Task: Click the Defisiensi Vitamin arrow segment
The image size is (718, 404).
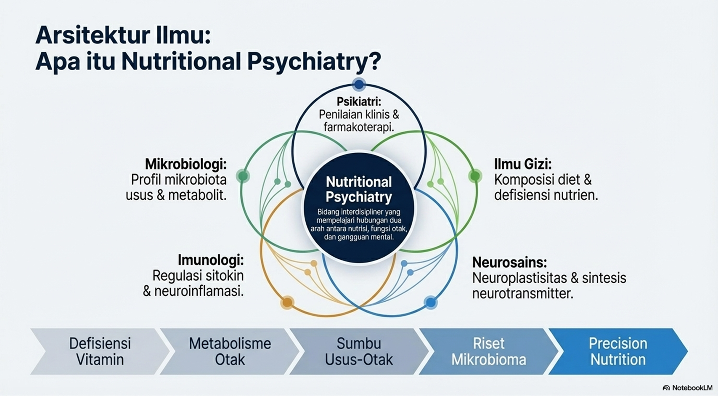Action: point(100,351)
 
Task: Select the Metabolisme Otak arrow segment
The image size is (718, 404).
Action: point(230,351)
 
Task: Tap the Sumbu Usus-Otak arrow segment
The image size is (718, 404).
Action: point(359,351)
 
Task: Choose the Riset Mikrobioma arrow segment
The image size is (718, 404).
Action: point(488,351)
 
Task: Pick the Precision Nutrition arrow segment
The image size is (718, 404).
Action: point(617,351)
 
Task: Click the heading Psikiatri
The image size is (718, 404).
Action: point(359,102)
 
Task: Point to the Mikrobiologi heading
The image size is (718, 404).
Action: point(185,164)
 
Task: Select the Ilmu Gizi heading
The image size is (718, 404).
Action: point(522,164)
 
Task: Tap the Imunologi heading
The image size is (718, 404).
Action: point(210,260)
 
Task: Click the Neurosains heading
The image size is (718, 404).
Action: point(509,262)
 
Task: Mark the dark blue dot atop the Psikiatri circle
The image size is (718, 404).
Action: point(359,85)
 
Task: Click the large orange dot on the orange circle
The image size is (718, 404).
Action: point(287,302)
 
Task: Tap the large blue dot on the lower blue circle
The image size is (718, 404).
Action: point(430,302)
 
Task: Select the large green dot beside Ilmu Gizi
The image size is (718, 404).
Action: point(475,175)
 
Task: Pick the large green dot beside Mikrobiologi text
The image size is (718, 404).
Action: point(243,175)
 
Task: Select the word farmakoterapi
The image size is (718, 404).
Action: point(359,127)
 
